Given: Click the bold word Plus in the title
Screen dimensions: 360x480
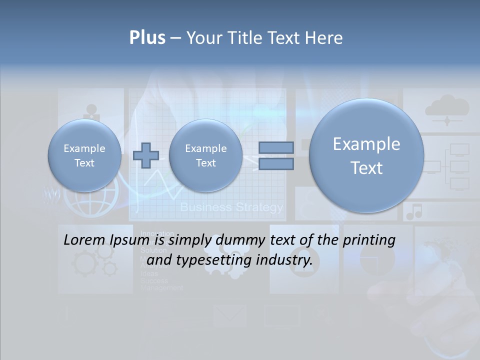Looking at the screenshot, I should (x=147, y=38).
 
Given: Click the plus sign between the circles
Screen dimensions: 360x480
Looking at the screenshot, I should (x=146, y=155).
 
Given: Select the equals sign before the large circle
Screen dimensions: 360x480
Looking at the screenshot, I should (x=276, y=155).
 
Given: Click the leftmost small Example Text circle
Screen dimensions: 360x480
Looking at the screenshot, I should (x=84, y=155).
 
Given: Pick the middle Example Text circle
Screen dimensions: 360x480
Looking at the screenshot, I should (x=205, y=155).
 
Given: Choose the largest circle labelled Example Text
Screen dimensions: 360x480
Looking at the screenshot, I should (x=366, y=155).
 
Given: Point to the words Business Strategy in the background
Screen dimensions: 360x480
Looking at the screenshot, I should (x=231, y=207).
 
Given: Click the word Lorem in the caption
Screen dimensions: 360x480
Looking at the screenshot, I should (x=84, y=240).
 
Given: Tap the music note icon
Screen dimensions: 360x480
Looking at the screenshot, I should (x=414, y=211).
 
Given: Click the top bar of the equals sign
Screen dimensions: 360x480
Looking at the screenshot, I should (x=276, y=147).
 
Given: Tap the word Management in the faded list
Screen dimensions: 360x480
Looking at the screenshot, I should (x=162, y=288).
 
